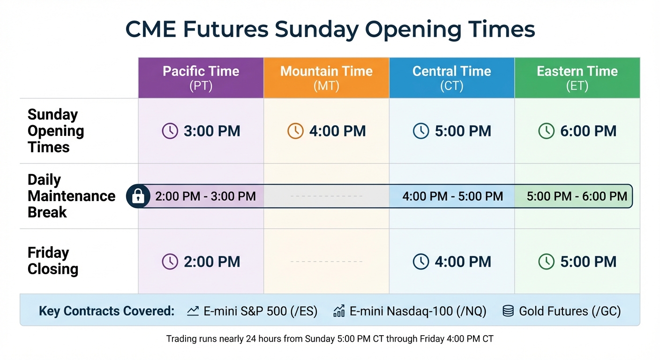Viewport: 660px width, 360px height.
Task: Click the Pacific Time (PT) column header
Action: pyautogui.click(x=201, y=78)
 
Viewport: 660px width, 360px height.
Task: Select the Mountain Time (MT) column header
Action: pyautogui.click(x=326, y=78)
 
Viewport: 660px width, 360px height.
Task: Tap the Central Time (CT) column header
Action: pyautogui.click(x=452, y=78)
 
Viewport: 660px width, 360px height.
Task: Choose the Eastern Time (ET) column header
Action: pyautogui.click(x=577, y=78)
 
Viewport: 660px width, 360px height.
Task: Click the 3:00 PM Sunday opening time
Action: pyautogui.click(x=212, y=131)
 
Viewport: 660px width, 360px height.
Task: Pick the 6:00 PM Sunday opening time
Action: pyautogui.click(x=588, y=131)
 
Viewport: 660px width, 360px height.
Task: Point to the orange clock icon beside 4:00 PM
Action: pyautogui.click(x=295, y=131)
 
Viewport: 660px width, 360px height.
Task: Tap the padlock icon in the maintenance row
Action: pyautogui.click(x=137, y=196)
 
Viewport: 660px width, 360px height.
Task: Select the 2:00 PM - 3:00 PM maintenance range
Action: pyautogui.click(x=205, y=196)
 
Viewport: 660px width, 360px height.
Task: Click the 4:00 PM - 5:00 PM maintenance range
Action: pyautogui.click(x=452, y=196)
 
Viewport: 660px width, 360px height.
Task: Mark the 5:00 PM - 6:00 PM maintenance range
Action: pyautogui.click(x=577, y=196)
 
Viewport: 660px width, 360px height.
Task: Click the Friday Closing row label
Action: pyautogui.click(x=52, y=261)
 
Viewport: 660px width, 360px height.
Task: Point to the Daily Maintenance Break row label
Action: pyautogui.click(x=71, y=196)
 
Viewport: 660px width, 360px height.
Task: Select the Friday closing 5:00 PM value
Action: pyautogui.click(x=588, y=262)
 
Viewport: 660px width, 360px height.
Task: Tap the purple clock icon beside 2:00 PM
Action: pyautogui.click(x=170, y=262)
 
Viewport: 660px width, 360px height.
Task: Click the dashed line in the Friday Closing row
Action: pyautogui.click(x=326, y=262)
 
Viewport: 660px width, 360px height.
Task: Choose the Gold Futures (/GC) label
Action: pyautogui.click(x=570, y=311)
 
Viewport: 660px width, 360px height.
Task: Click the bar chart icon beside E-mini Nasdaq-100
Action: pyautogui.click(x=338, y=311)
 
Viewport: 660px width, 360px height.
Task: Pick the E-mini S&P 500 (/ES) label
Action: pyautogui.click(x=260, y=311)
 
